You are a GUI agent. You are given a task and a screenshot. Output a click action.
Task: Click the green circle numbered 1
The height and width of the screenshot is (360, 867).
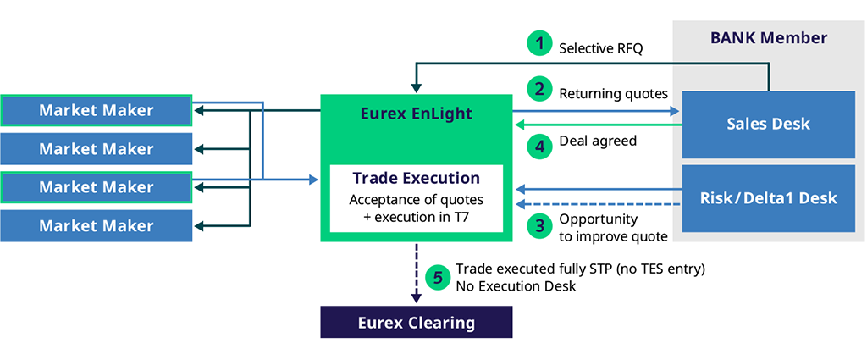point(538,44)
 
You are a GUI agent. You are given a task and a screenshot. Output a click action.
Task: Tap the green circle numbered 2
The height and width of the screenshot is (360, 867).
point(538,88)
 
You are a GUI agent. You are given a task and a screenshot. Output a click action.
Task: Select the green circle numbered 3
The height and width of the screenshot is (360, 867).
point(538,226)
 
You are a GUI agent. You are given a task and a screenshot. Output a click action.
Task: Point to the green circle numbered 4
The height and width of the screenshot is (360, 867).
point(538,145)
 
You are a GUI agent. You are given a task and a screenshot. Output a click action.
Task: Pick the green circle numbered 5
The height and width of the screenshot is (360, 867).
point(437,276)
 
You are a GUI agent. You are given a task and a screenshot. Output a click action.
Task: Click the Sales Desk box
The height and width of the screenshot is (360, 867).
point(768,124)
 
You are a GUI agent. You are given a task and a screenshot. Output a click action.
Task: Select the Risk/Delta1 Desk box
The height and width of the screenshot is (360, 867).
point(768,198)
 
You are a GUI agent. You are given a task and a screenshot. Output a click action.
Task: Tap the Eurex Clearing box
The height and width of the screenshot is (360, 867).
point(416,323)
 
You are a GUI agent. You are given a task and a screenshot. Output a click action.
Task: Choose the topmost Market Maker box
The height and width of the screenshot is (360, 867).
point(96,110)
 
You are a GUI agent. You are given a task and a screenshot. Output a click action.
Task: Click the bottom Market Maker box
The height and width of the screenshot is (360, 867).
point(96,226)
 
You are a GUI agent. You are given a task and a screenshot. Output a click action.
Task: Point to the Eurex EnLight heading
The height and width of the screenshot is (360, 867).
point(415,113)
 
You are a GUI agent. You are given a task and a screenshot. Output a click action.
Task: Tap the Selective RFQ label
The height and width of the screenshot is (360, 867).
point(600,48)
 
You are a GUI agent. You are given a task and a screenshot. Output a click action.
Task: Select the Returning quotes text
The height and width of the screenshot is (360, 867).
point(613,92)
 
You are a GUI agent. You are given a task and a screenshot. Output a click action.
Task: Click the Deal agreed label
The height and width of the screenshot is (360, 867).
point(599,141)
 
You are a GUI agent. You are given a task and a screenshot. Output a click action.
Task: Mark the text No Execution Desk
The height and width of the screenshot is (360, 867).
point(515,286)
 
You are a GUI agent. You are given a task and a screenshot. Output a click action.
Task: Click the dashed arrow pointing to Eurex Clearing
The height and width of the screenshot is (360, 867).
point(416,271)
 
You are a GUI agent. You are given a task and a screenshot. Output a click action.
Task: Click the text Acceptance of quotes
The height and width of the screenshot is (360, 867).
point(415,201)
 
